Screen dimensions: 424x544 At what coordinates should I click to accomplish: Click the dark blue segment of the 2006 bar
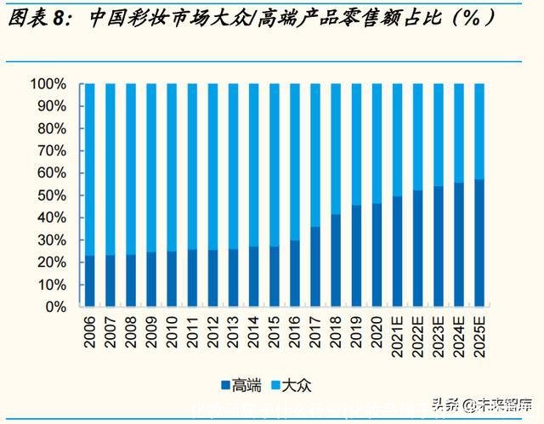pyautogui.click(x=89, y=280)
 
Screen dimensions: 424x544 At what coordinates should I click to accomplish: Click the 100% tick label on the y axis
pyautogui.click(x=48, y=84)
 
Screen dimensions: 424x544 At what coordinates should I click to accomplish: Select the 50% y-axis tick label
pyautogui.click(x=51, y=195)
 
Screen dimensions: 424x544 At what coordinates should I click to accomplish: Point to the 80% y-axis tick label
pyautogui.click(x=51, y=128)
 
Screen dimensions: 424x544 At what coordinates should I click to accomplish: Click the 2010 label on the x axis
pyautogui.click(x=172, y=331)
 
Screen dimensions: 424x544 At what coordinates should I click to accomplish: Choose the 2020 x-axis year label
pyautogui.click(x=377, y=331)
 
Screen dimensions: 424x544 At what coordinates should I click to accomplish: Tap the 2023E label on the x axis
pyautogui.click(x=439, y=336)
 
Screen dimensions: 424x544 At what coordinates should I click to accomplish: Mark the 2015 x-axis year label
pyautogui.click(x=275, y=331)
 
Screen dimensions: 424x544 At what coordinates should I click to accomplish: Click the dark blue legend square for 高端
pyautogui.click(x=225, y=385)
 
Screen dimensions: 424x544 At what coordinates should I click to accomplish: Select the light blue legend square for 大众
pyautogui.click(x=277, y=385)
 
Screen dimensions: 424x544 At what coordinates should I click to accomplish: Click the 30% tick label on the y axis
pyautogui.click(x=51, y=240)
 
